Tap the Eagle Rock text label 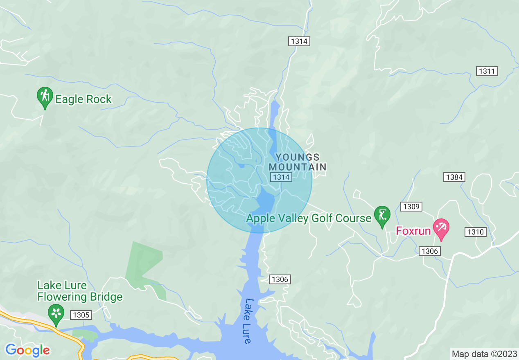pyautogui.click(x=83, y=99)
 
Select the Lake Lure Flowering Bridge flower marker pyautogui.click(x=56, y=313)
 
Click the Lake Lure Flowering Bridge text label pyautogui.click(x=80, y=291)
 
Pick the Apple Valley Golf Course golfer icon pyautogui.click(x=382, y=215)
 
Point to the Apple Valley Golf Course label pyautogui.click(x=309, y=218)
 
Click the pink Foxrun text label pyautogui.click(x=413, y=231)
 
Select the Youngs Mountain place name pyautogui.click(x=298, y=162)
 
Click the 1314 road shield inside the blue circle pyautogui.click(x=281, y=177)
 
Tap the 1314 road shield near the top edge pyautogui.click(x=299, y=41)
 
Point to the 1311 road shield pyautogui.click(x=487, y=71)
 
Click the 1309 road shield pyautogui.click(x=411, y=207)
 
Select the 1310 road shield pyautogui.click(x=475, y=232)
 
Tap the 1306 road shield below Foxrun pyautogui.click(x=429, y=251)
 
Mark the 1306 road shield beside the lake pyautogui.click(x=280, y=279)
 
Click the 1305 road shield pyautogui.click(x=81, y=315)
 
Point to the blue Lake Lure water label pyautogui.click(x=248, y=321)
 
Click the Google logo pyautogui.click(x=27, y=350)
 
